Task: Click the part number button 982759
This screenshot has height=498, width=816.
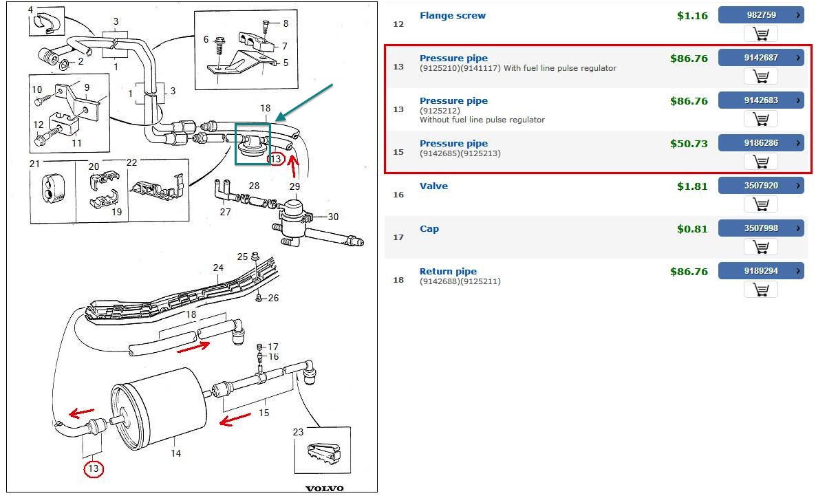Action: point(760,14)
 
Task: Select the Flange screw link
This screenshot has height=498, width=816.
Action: point(452,15)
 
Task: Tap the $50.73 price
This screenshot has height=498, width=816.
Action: point(689,144)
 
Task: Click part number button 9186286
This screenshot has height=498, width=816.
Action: point(760,143)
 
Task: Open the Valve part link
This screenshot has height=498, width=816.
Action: point(433,186)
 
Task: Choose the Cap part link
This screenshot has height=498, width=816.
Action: point(429,228)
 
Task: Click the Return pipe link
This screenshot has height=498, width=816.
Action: point(448,271)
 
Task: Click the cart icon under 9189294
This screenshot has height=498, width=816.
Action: point(760,290)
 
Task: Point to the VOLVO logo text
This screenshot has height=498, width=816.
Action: point(324,488)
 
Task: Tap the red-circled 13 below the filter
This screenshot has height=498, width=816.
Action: point(94,469)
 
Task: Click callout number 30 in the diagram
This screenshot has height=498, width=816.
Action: point(333,217)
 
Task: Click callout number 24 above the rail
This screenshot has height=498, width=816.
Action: point(218,268)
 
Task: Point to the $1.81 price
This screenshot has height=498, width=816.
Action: point(691,186)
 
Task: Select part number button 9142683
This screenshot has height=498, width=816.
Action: point(760,100)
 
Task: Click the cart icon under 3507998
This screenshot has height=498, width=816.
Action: point(760,247)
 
